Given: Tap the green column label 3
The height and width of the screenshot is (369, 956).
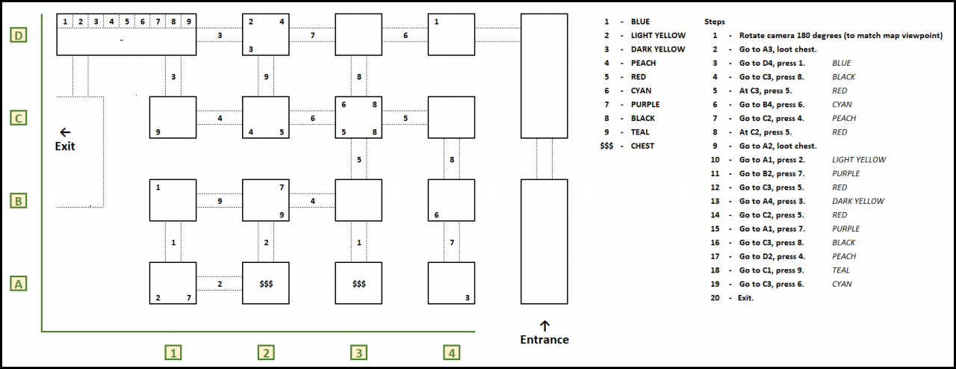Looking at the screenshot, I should click(358, 353).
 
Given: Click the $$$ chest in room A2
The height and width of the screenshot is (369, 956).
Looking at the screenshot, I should click(267, 284).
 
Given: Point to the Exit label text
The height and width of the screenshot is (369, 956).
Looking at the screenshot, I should click(65, 146).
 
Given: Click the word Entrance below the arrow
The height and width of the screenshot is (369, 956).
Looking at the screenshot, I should click(544, 340).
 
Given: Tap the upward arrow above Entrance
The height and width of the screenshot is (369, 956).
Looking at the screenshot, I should click(544, 325).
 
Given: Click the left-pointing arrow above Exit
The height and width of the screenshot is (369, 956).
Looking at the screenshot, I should click(65, 131).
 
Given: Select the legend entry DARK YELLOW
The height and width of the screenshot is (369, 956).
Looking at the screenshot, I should click(658, 49).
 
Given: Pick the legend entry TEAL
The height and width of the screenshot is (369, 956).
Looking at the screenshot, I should click(640, 132).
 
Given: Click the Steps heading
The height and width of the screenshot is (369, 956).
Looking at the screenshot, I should click(715, 22).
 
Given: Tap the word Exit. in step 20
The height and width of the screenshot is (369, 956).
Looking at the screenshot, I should click(746, 298).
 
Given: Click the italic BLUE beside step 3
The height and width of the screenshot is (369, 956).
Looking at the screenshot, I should click(842, 63).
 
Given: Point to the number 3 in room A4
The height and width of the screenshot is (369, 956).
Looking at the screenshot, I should click(468, 298).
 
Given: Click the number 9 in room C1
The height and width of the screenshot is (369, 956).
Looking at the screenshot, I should click(158, 133).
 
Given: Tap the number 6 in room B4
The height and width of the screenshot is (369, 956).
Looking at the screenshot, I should click(436, 215).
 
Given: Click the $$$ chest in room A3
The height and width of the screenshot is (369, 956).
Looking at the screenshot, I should click(358, 284).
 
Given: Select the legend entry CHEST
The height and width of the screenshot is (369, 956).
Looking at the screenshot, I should click(642, 146).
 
